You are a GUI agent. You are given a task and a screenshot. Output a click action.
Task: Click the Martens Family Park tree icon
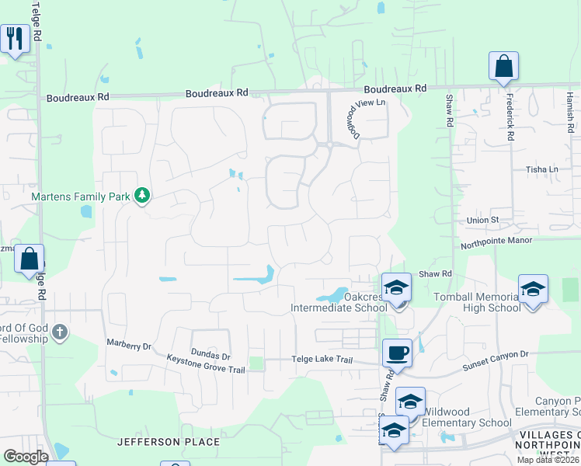[x=141, y=196]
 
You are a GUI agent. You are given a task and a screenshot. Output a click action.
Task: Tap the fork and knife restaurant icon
[x=16, y=37]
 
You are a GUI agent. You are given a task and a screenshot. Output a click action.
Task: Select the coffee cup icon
[x=397, y=353]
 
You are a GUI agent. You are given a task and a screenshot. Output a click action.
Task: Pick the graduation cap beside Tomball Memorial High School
[x=533, y=290]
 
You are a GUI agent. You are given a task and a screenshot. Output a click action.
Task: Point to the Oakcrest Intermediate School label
[x=339, y=302]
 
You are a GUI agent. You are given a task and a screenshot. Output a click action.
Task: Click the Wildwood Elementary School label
[x=462, y=423]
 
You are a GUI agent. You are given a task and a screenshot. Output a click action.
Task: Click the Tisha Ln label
[x=542, y=169]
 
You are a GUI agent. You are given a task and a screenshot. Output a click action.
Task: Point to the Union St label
[x=482, y=221]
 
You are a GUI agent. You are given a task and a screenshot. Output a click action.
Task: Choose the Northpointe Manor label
[x=496, y=241]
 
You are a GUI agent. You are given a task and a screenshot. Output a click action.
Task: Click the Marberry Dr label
[x=129, y=343]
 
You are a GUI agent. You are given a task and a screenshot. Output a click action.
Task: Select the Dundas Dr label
[x=210, y=356]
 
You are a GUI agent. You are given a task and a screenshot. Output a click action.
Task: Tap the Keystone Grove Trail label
[x=206, y=363]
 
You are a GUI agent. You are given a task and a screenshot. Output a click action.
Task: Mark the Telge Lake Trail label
[x=322, y=360]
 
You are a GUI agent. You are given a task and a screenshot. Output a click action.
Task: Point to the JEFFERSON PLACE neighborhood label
[x=169, y=442]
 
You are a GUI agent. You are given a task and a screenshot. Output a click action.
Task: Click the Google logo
[x=26, y=457]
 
